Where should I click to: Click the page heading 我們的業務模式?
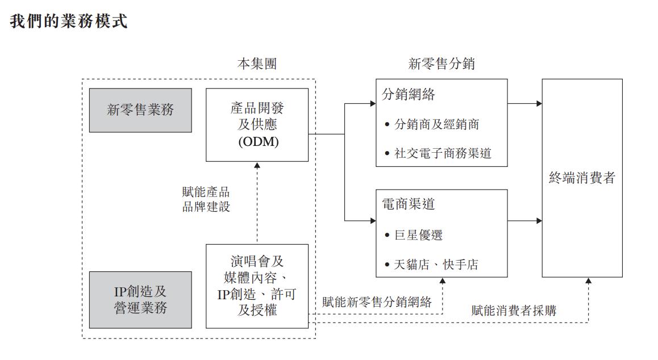[x=69, y=22]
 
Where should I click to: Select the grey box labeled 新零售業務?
[x=141, y=110]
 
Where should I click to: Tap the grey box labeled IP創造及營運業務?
[x=141, y=300]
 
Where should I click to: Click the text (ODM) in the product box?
[x=257, y=143]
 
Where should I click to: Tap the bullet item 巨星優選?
[x=418, y=235]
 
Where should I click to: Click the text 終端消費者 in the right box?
[x=582, y=178]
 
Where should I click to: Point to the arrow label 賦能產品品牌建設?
[x=206, y=199]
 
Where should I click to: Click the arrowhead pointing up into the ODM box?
[x=257, y=165]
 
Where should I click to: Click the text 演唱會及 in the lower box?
[x=257, y=262]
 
